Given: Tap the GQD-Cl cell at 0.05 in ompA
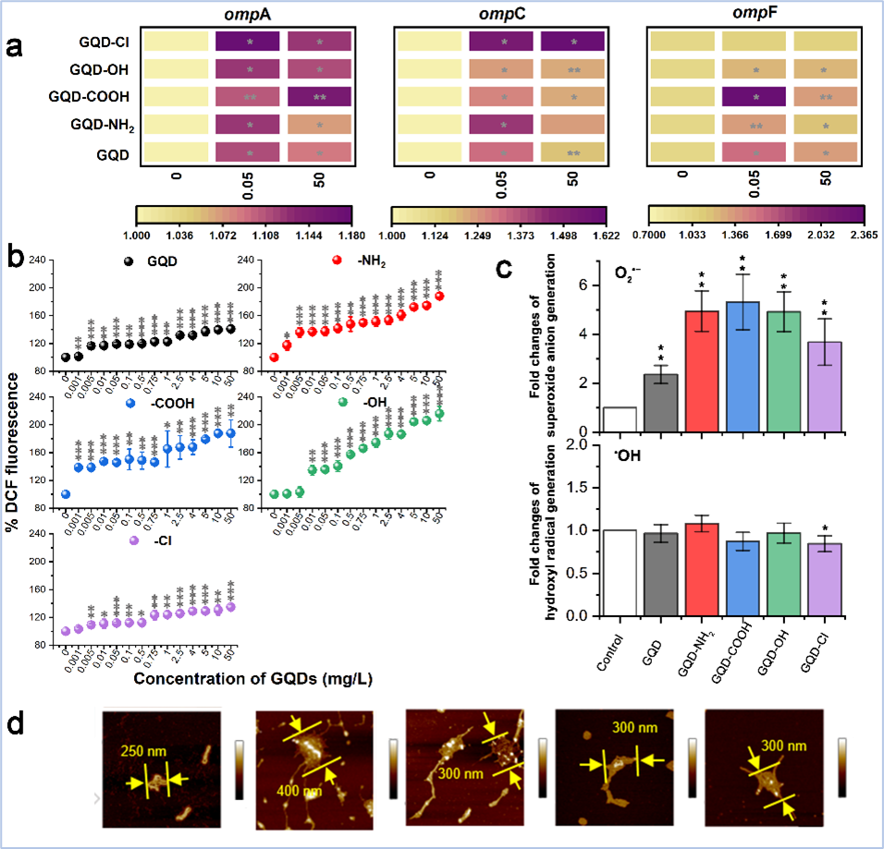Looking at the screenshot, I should (x=249, y=42).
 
